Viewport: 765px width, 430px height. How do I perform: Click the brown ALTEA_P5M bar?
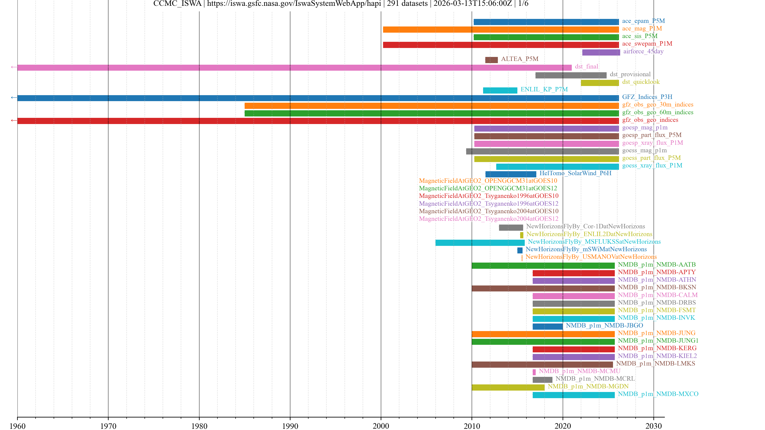[491, 60]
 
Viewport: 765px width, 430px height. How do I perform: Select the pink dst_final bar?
[294, 68]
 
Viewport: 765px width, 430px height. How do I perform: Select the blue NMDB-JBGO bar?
[547, 326]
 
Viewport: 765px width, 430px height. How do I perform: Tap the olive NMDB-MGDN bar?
[508, 387]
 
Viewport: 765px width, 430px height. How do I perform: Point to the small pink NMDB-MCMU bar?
[534, 372]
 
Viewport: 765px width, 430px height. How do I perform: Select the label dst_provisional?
[630, 74]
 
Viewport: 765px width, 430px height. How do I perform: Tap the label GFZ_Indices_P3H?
[647, 97]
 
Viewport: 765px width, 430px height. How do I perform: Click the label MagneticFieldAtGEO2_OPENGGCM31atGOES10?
[488, 181]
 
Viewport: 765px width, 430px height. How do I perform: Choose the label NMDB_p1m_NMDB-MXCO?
[658, 394]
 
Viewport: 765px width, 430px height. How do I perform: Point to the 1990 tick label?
[290, 426]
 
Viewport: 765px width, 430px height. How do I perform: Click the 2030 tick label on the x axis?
[653, 426]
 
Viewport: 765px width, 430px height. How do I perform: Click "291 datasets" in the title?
[407, 4]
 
